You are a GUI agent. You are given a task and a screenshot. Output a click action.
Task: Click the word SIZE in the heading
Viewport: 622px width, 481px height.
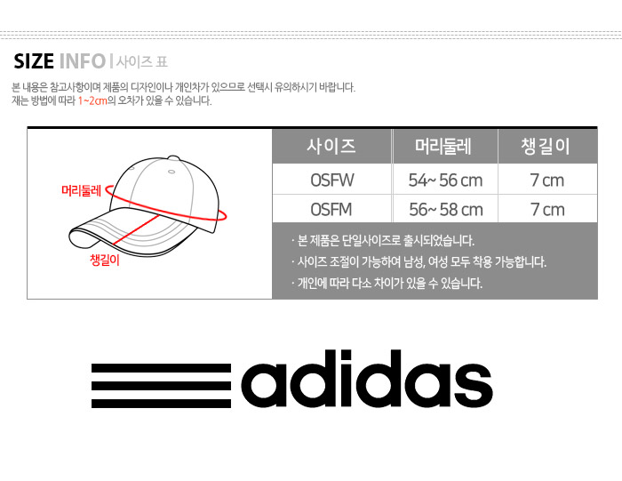[34, 61]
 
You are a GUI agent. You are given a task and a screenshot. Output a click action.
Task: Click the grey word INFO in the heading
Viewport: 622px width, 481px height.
[83, 61]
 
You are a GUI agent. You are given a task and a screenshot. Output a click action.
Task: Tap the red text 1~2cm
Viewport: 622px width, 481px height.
[92, 100]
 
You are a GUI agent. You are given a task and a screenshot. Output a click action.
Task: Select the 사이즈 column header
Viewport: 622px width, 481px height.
[331, 146]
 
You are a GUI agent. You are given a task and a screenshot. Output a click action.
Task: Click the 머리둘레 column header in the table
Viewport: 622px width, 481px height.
[443, 146]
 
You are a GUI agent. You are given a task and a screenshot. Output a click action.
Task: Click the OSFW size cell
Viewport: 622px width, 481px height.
[332, 180]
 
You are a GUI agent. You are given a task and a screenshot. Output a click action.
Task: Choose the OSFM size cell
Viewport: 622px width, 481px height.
[331, 210]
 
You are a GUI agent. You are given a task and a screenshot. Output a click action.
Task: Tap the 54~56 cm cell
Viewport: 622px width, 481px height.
[445, 180]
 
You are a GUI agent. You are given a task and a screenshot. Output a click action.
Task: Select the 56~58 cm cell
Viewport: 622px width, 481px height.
[446, 210]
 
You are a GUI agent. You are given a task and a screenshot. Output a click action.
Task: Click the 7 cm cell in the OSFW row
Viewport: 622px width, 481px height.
[547, 180]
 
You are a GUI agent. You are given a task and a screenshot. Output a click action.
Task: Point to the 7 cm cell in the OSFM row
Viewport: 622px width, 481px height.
[547, 210]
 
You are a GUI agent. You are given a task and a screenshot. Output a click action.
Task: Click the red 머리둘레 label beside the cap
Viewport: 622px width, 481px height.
[82, 191]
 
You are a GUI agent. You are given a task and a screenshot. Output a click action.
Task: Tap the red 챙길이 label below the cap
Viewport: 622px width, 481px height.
[105, 260]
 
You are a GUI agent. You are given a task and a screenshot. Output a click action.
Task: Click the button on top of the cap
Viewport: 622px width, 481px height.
[173, 158]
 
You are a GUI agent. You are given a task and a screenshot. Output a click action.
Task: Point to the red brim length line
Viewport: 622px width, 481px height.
[137, 229]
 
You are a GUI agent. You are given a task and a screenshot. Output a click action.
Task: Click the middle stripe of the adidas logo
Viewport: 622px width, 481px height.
[161, 386]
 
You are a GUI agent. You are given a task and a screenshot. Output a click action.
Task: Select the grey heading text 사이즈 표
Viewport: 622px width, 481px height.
[142, 62]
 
